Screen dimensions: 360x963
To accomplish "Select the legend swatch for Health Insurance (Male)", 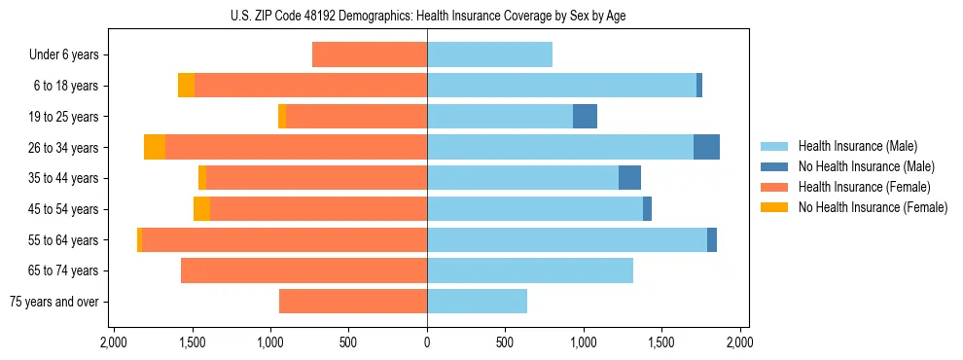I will pos(775,147).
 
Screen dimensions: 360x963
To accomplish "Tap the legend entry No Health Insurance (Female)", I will pos(873,207).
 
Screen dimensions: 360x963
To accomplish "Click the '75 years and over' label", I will pos(53,302).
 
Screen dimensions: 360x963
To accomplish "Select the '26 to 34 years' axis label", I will pos(64,148).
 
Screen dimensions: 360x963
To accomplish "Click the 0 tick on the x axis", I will pos(427,343).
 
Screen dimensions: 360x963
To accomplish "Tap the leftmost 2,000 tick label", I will pos(114,343).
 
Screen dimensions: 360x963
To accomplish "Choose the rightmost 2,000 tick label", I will pos(739,343).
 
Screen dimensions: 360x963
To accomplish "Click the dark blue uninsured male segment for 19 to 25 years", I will pos(585,117).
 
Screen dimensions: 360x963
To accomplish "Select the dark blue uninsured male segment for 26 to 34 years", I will pos(706,147).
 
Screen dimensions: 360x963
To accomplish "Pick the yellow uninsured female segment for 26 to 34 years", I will pos(155,147).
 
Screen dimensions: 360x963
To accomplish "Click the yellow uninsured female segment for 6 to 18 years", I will pos(186,86).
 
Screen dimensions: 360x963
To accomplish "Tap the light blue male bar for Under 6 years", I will pos(489,55).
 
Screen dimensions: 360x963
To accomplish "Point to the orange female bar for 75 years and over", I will pos(353,302).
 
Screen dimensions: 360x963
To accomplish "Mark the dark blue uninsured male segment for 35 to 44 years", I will pos(629,178).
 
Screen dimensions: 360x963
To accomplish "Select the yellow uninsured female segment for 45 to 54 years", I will pos(201,209).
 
